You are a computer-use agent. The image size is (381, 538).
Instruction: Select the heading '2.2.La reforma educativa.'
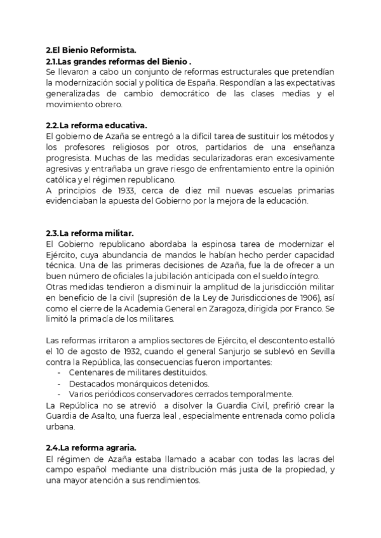93,126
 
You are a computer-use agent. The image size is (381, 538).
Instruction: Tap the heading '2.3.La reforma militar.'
89,233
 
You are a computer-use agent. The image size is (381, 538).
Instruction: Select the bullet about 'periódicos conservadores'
162,394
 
